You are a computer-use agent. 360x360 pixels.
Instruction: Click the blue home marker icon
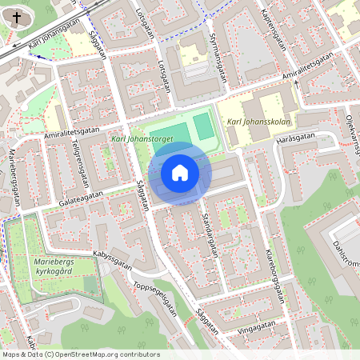(180, 172)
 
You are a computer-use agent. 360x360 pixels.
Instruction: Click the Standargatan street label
(210, 234)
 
